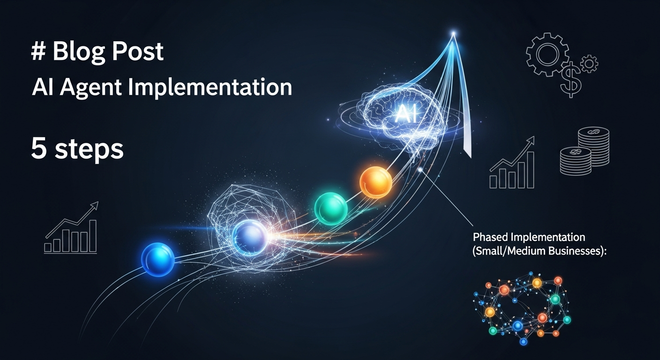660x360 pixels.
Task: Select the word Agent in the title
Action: [x=90, y=88]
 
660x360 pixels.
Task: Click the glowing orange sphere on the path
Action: [x=376, y=182]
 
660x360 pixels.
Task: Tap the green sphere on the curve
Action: [x=331, y=209]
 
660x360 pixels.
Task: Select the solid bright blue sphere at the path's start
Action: [x=158, y=259]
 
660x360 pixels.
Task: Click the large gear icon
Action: [x=547, y=54]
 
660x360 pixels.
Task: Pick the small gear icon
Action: [x=589, y=64]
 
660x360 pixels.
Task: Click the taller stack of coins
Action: [x=593, y=146]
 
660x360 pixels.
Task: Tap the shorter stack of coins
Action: [x=576, y=161]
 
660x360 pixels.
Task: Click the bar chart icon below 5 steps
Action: [x=71, y=228]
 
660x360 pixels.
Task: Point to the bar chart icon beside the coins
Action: [x=512, y=162]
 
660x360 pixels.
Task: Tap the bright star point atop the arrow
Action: [x=453, y=34]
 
